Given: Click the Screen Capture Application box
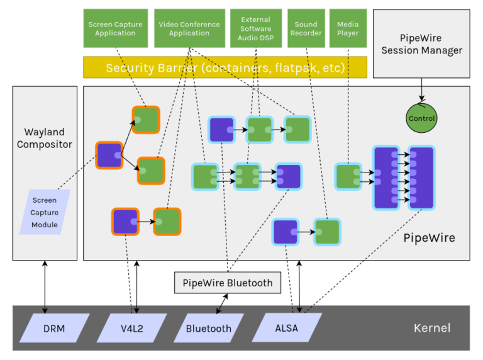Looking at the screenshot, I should (115, 28).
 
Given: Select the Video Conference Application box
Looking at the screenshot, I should (189, 28).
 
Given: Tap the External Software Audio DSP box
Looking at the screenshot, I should (255, 28).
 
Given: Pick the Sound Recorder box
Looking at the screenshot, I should (306, 28).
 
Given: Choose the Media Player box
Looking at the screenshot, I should (348, 28).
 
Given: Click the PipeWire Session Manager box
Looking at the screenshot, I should (421, 43).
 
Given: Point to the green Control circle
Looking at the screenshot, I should (421, 118).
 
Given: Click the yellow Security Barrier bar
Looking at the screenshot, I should (225, 67).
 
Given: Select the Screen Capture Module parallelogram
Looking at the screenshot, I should (45, 212).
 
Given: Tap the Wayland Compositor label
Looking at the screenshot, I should (45, 138).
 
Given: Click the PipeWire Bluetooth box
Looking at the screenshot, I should (228, 283).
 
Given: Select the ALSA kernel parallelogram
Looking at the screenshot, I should (287, 328).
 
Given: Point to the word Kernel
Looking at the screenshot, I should (432, 328).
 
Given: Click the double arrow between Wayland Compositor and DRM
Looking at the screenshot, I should (45, 286).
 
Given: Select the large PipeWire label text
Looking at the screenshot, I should (429, 238).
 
